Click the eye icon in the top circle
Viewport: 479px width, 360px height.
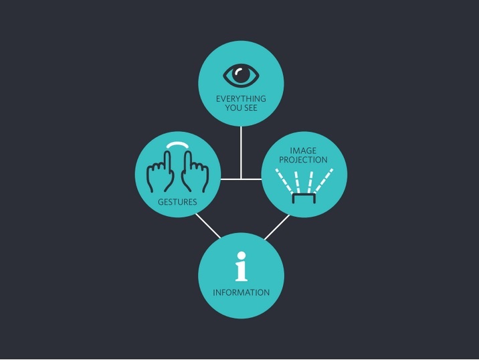[x=241, y=75]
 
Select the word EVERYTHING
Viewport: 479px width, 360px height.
[x=241, y=98]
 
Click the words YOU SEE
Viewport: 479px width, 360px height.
[x=241, y=108]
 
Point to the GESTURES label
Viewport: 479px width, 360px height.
[x=177, y=201]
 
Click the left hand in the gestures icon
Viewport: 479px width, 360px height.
[x=161, y=173]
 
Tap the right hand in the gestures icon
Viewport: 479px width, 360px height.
[x=195, y=173]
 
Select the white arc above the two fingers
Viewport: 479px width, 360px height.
[x=178, y=145]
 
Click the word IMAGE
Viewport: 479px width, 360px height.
[x=304, y=151]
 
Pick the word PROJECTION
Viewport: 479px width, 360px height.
[x=304, y=160]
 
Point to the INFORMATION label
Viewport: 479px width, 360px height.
[x=241, y=292]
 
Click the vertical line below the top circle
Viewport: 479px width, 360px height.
[x=241, y=151]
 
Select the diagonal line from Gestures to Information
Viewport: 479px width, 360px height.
[x=207, y=226]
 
